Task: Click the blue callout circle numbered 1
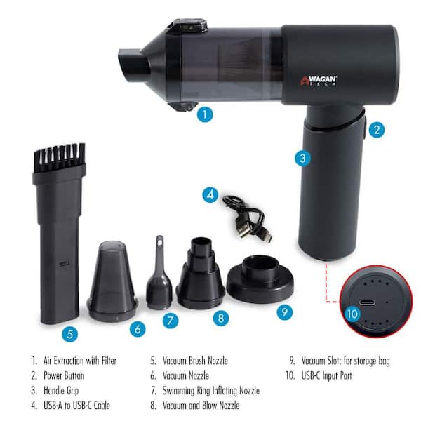coord(205,114)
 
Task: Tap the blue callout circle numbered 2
coord(377,130)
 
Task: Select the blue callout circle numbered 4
coord(210,194)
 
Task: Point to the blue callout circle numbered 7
coord(171,321)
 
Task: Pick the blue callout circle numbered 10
coord(352,314)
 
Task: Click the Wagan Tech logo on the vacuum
coord(318,81)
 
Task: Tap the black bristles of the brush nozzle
coord(60,156)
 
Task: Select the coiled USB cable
coord(247,219)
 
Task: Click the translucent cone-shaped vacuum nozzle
coord(112,281)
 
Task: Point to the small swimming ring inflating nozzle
coord(159,274)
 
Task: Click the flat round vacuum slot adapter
coord(260,279)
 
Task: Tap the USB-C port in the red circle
coord(367,302)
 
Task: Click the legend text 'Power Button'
coord(64,375)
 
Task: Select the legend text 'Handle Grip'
coord(61,391)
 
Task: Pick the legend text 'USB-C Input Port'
coord(326,375)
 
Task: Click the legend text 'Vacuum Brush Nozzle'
coord(195,361)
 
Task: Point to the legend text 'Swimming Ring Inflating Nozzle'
coord(211,391)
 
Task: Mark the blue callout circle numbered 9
coord(285,312)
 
